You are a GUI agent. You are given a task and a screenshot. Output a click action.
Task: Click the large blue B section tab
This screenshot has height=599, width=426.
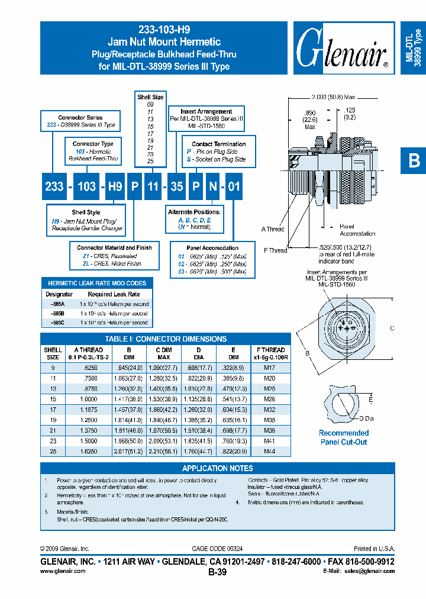point(414,161)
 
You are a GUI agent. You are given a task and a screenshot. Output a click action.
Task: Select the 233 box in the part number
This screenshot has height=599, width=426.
point(54,186)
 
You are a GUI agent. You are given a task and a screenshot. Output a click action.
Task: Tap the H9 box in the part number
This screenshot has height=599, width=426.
point(115,186)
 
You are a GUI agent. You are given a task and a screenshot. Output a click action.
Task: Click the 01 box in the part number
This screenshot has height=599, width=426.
point(234,186)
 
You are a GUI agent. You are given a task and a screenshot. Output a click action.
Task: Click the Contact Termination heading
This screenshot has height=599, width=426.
point(218,144)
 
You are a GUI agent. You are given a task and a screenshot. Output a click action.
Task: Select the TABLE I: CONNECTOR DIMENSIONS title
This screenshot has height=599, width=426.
point(166,339)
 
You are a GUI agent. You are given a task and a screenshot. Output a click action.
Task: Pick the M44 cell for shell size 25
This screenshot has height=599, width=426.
point(270,450)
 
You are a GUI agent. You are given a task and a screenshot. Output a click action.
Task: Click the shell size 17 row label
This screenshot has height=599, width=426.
point(53,408)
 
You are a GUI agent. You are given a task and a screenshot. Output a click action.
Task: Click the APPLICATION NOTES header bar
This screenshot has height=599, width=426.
point(218,468)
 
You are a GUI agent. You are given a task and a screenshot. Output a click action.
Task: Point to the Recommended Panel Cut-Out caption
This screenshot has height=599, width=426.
point(343,437)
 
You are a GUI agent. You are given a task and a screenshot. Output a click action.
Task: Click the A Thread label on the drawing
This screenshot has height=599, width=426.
point(272,229)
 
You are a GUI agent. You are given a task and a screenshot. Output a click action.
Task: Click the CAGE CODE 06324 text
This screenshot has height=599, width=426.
point(217,549)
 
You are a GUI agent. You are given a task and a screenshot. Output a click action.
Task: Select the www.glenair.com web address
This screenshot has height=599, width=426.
point(63,571)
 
